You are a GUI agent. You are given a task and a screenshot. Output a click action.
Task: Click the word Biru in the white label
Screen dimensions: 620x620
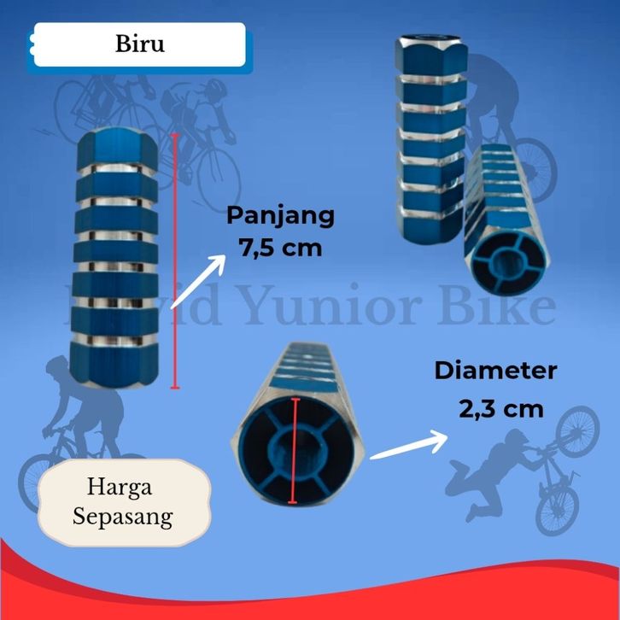point(139,44)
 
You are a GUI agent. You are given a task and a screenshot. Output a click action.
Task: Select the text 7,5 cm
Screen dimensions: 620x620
point(279,249)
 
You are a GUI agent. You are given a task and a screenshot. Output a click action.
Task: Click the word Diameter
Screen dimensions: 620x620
point(495,371)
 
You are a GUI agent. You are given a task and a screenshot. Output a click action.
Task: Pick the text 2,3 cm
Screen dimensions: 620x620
point(500,408)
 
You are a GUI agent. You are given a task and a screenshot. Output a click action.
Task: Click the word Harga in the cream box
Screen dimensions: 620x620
point(119,488)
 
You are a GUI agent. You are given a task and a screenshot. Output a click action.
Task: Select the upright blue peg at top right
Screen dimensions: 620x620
point(429,141)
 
